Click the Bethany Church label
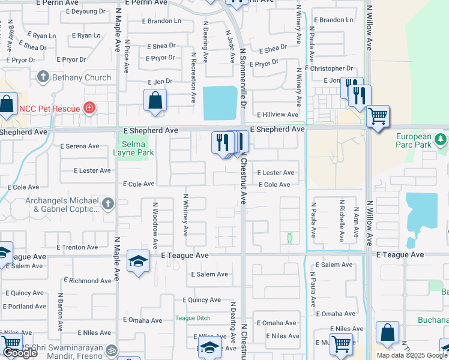pos(82,77)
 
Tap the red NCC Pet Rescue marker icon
pos(89,108)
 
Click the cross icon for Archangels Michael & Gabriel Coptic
pos(107,204)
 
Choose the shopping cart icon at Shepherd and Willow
pos(378,116)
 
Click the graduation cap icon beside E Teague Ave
pos(138,262)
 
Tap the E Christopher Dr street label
pos(329,68)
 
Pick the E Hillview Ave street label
pos(277,115)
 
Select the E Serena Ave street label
pos(80,146)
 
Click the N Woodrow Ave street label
pos(155,225)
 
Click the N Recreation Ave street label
pos(193,77)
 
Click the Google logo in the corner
pos(20,353)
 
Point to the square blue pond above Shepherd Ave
pos(220,103)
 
